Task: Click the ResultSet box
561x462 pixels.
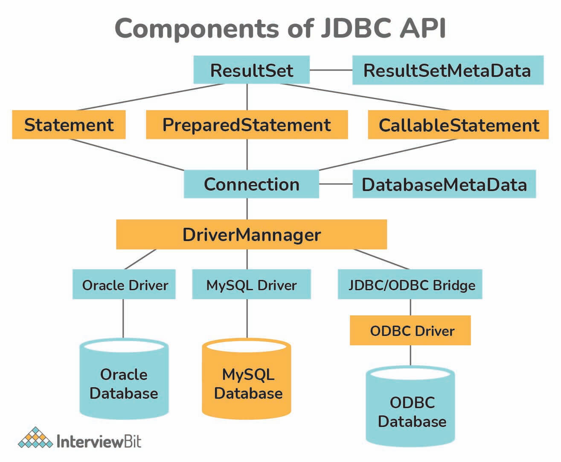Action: [x=251, y=70]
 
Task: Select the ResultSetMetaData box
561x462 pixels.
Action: [x=448, y=70]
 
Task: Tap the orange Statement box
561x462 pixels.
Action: [x=69, y=124]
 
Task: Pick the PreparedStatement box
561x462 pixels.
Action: [x=247, y=124]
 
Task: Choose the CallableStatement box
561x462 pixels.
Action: [x=458, y=124]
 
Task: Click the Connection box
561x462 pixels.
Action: [x=251, y=184]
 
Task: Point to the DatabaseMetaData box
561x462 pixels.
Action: [x=444, y=184]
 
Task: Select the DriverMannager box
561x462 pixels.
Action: [x=251, y=234]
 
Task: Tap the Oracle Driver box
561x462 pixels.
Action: [x=124, y=284]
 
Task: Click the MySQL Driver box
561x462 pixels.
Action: [x=251, y=284]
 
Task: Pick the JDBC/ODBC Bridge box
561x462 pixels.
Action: [x=410, y=284]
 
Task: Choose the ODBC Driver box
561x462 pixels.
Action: [x=410, y=330]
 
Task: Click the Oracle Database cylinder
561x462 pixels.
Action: [x=124, y=378]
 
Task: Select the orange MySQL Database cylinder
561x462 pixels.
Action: [x=246, y=378]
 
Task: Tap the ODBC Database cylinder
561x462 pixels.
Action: [x=410, y=406]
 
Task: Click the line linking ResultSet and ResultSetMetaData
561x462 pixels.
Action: [x=331, y=70]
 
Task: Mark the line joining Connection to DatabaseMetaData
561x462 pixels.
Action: [x=336, y=184]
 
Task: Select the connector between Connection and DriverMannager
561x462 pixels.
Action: [x=247, y=209]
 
